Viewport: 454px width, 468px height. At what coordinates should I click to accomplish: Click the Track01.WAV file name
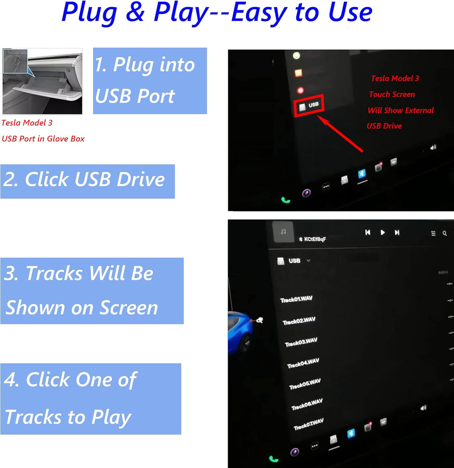(x=296, y=299)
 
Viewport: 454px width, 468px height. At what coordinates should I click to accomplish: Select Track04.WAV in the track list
(x=303, y=363)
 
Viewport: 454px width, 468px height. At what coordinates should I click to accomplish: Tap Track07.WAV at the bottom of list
(x=309, y=424)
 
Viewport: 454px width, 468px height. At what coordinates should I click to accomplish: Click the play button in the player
(x=383, y=233)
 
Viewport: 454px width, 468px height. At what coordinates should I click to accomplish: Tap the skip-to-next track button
(x=397, y=233)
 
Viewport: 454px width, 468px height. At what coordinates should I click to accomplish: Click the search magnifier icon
(x=445, y=233)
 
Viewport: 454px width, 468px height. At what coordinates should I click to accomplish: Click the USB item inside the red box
(x=309, y=106)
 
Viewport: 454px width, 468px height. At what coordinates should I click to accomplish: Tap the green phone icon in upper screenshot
(x=286, y=200)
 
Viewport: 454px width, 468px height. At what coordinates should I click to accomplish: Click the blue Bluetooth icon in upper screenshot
(x=362, y=174)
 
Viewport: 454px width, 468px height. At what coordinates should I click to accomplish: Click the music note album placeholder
(x=283, y=232)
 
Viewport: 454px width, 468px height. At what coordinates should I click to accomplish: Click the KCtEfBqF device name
(x=315, y=239)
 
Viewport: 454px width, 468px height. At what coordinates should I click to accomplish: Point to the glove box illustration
(x=42, y=81)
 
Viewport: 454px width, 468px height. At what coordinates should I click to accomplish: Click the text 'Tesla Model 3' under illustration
(x=27, y=123)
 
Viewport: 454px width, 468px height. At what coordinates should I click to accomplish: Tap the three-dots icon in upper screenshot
(x=326, y=186)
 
